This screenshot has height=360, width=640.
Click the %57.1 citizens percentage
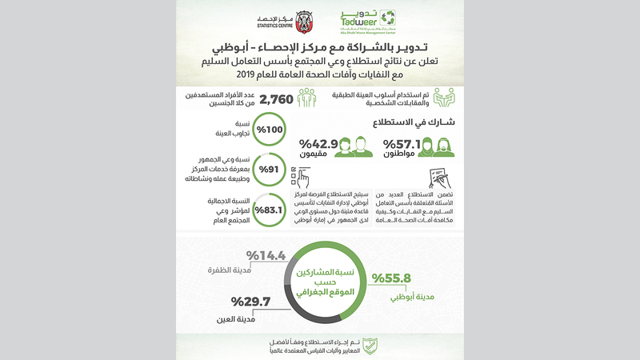coord(403,145)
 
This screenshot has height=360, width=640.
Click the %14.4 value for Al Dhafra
coord(265,256)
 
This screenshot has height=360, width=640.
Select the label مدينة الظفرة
coord(236,270)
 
